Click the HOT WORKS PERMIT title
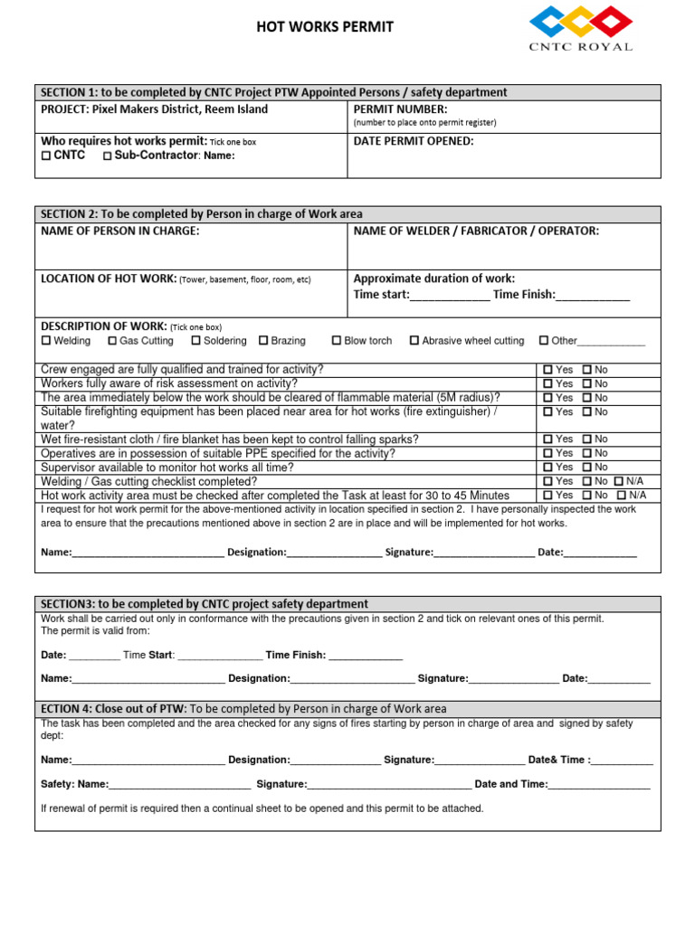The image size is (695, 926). pyautogui.click(x=326, y=27)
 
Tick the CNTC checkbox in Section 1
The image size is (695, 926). pyautogui.click(x=47, y=156)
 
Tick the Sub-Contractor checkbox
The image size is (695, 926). pyautogui.click(x=108, y=156)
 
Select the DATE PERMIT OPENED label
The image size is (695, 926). pyautogui.click(x=413, y=141)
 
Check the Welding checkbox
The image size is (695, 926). pyautogui.click(x=47, y=341)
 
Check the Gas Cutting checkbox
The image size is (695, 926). pyautogui.click(x=112, y=341)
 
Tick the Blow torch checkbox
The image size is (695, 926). pyautogui.click(x=337, y=341)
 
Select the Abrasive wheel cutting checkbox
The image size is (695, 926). pyautogui.click(x=414, y=341)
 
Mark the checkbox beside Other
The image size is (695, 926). pyautogui.click(x=544, y=341)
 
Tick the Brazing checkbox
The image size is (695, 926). pyautogui.click(x=263, y=341)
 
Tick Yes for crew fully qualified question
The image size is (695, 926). pyautogui.click(x=547, y=370)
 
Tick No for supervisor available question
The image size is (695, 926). pyautogui.click(x=587, y=468)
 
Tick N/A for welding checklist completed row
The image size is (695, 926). pyautogui.click(x=620, y=481)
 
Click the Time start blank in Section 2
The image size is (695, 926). pyautogui.click(x=450, y=296)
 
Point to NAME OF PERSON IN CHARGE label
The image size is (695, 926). pyautogui.click(x=120, y=231)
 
